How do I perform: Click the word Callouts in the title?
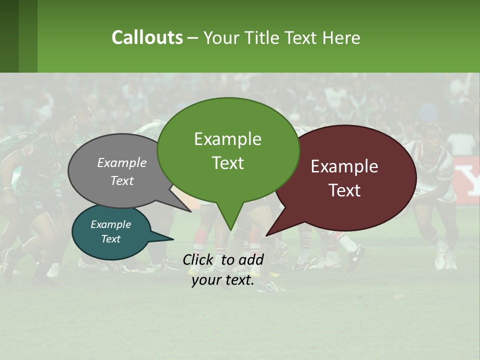tap(147, 37)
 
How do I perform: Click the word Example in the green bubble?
tap(227, 139)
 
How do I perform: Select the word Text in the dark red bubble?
tap(344, 190)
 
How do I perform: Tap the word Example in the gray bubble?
tap(122, 162)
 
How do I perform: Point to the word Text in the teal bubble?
tap(111, 239)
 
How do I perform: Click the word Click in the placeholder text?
tap(198, 259)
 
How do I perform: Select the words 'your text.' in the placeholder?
tap(223, 280)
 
